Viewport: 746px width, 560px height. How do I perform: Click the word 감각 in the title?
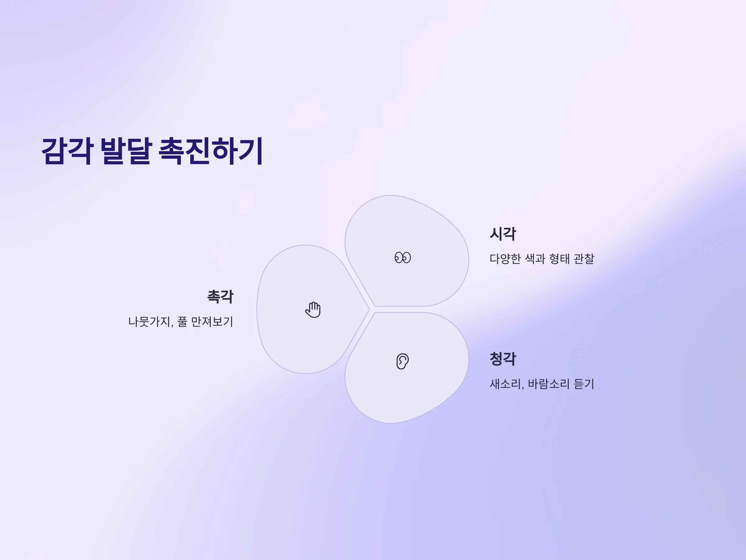[x=67, y=151]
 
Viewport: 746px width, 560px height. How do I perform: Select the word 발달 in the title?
[x=126, y=151]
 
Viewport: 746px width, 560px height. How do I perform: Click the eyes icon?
[x=403, y=258]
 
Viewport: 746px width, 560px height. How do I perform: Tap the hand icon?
[x=313, y=310]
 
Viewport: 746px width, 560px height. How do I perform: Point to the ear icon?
[x=403, y=361]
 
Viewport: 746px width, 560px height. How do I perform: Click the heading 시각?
[x=503, y=234]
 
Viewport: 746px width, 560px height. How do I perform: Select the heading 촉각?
[x=220, y=297]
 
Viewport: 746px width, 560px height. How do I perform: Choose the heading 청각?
[x=503, y=359]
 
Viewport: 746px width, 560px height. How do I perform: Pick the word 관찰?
[x=584, y=259]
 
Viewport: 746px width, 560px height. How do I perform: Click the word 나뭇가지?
[x=150, y=321]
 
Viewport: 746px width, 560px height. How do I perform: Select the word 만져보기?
[x=212, y=321]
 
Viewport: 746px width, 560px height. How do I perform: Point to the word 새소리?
[x=505, y=384]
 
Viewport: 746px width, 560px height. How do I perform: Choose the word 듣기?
[x=584, y=384]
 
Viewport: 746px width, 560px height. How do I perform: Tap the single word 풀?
[x=182, y=321]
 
